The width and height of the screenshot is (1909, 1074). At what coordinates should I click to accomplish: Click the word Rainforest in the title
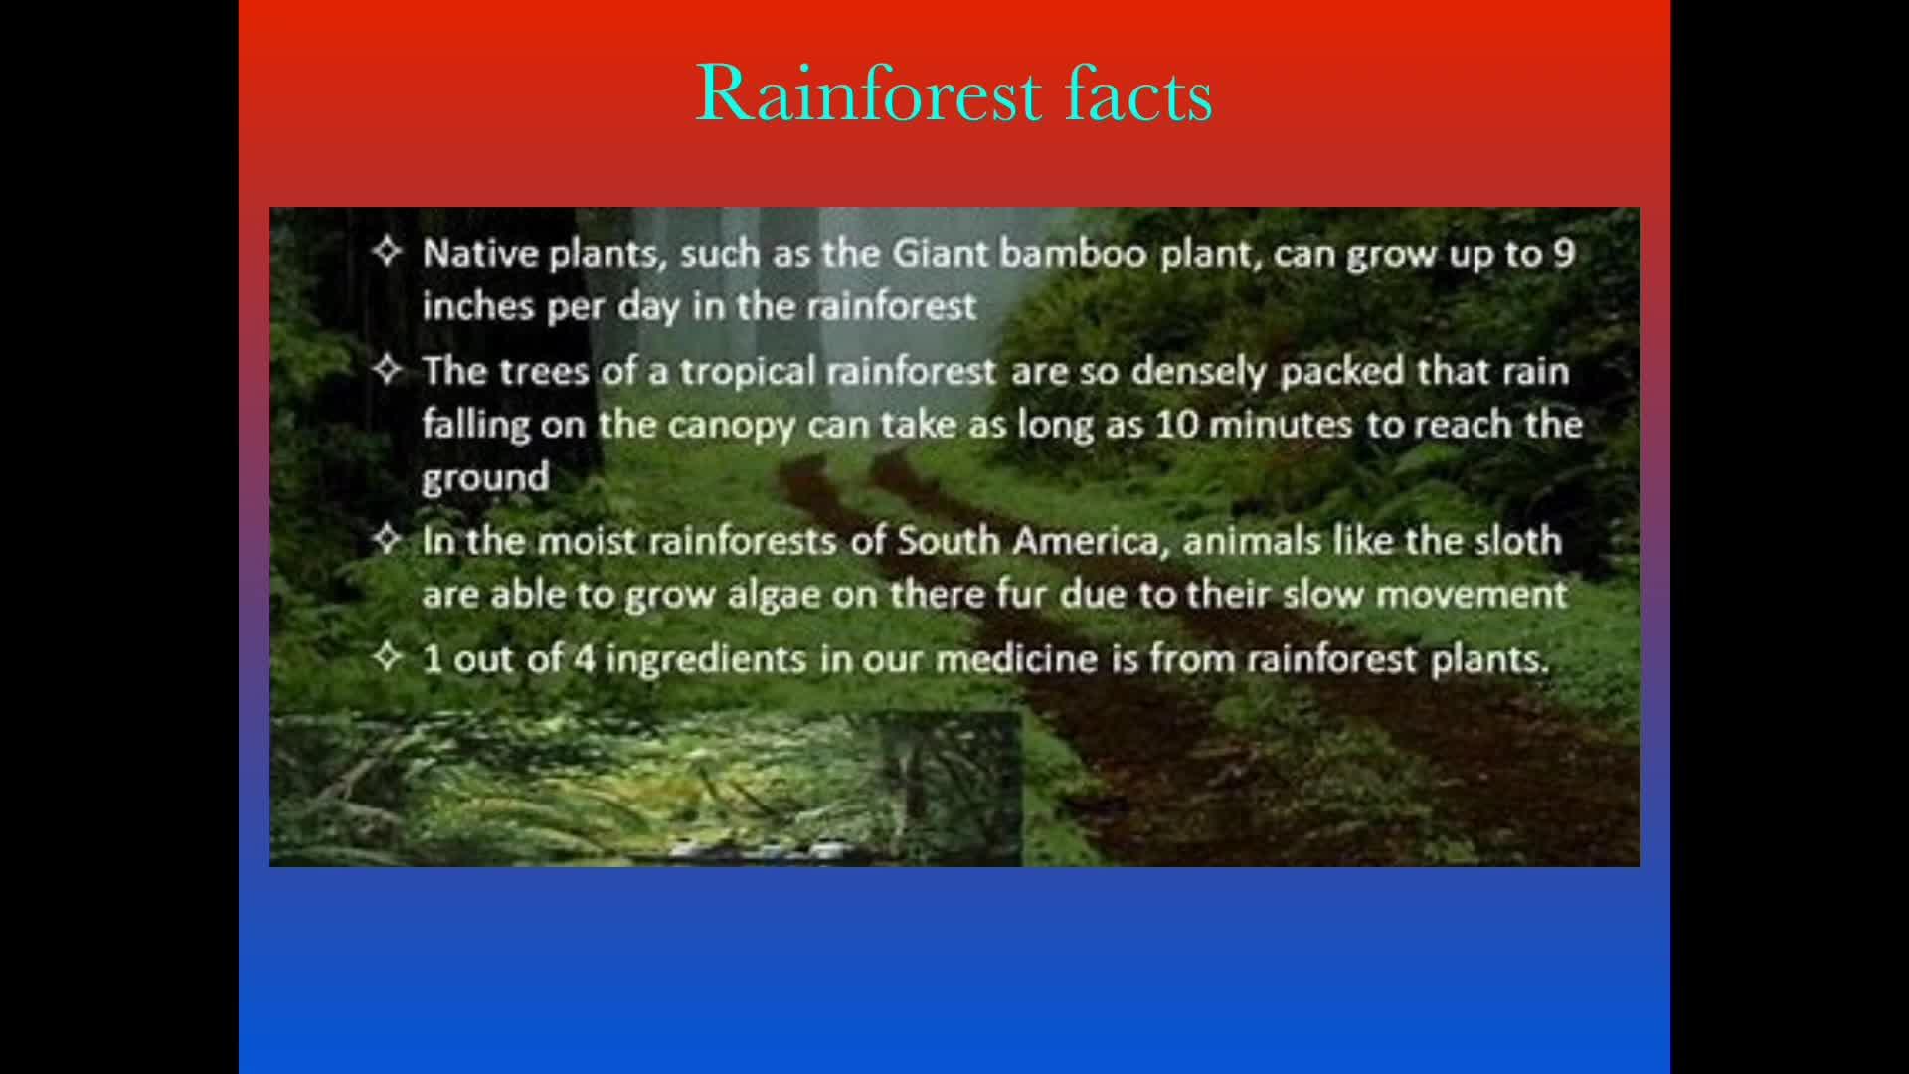coord(868,93)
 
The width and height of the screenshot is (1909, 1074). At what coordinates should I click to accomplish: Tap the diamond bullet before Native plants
coord(387,252)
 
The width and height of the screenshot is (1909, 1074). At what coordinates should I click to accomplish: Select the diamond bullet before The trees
coord(387,370)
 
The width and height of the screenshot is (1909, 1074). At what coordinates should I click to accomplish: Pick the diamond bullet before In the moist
coord(387,540)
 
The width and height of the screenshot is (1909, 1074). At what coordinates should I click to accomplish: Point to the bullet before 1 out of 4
coord(387,657)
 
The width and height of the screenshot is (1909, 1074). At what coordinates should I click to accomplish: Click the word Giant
coord(941,254)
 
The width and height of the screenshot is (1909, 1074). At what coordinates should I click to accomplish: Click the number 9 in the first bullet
coord(1564,254)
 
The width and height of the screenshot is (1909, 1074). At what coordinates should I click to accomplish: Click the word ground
coord(485,478)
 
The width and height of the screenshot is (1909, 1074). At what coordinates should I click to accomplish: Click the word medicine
coord(1017,658)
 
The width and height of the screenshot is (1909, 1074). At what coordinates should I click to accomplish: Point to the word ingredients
coord(706,660)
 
